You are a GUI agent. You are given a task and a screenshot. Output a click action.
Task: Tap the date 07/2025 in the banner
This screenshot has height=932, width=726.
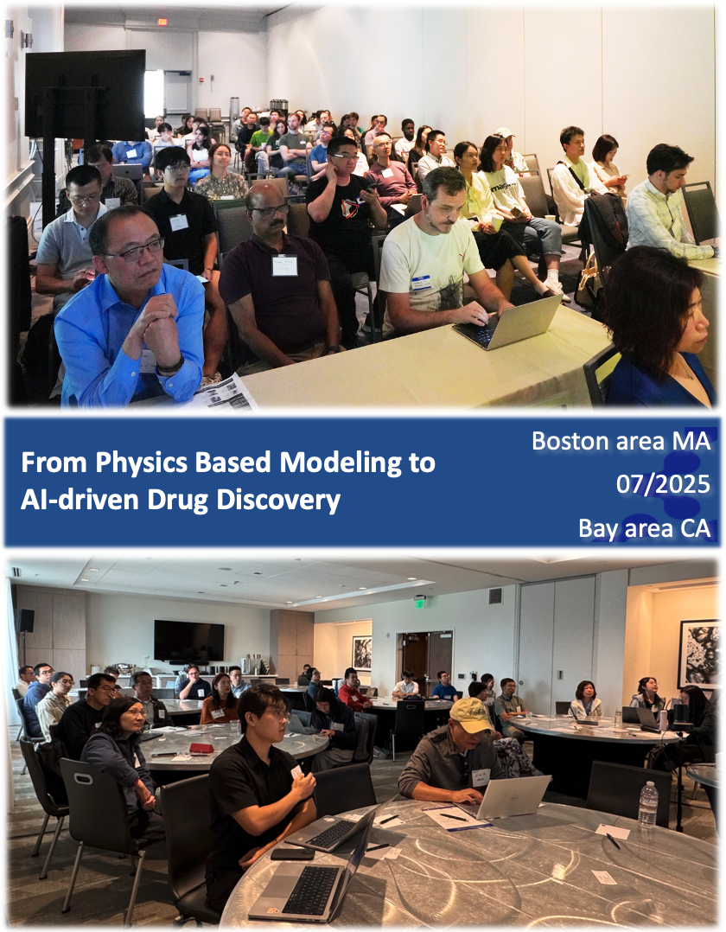[x=663, y=485]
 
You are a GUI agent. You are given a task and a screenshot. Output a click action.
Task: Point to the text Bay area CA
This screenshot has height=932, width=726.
[x=645, y=528]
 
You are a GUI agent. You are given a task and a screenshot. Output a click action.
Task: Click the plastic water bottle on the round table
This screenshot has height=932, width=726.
[x=647, y=804]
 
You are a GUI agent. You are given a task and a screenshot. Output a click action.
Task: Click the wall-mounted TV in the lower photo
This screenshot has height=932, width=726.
[x=189, y=641]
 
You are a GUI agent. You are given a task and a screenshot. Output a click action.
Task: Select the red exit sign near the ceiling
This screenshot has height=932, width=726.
[x=162, y=22]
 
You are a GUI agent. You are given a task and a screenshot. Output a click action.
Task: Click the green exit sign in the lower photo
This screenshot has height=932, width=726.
[x=420, y=603]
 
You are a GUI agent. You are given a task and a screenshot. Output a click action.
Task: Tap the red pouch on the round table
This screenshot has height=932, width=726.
[x=201, y=749]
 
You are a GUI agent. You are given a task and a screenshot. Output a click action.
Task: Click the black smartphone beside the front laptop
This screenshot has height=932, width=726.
[x=292, y=854]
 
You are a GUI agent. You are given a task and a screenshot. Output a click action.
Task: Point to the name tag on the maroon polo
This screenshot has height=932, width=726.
[x=284, y=265]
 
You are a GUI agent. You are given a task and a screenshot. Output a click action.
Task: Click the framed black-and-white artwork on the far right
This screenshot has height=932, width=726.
[x=698, y=653]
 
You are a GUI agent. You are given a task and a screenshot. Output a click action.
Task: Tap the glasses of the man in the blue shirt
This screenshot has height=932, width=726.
[x=137, y=250]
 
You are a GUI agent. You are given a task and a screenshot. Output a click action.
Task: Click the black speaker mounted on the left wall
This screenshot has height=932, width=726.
[x=26, y=621]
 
